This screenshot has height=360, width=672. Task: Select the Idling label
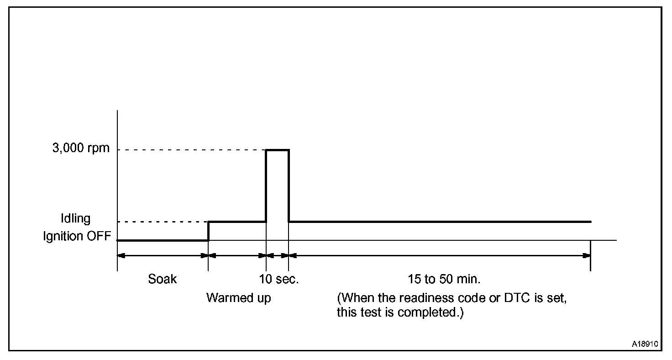pyautogui.click(x=76, y=219)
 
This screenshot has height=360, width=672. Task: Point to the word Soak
pyautogui.click(x=162, y=279)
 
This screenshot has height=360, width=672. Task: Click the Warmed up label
pyautogui.click(x=238, y=298)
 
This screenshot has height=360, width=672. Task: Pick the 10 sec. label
pyautogui.click(x=279, y=279)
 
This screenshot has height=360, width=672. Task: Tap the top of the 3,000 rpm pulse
pyautogui.click(x=277, y=150)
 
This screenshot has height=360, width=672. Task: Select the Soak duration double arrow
pyautogui.click(x=163, y=256)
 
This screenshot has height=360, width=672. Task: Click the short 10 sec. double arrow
pyautogui.click(x=277, y=256)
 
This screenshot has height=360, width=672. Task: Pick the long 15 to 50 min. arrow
pyautogui.click(x=440, y=256)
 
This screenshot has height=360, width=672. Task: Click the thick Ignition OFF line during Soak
pyautogui.click(x=163, y=240)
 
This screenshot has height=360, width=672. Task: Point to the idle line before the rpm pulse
pyautogui.click(x=237, y=222)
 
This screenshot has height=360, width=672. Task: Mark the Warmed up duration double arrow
pyautogui.click(x=237, y=256)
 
